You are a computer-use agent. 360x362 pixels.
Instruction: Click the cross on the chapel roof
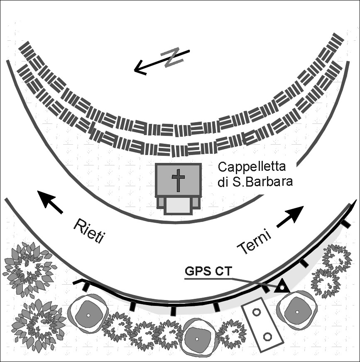coord(178,180)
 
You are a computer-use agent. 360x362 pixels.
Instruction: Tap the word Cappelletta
coord(252,167)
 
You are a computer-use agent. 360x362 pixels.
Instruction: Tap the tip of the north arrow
coord(135,71)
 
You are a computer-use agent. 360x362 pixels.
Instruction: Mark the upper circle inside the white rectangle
coord(256,312)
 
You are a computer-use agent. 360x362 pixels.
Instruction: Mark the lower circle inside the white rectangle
coord(267,336)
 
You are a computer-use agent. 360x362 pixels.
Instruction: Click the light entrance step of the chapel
coord(178,206)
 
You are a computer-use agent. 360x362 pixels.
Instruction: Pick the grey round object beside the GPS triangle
coord(297,310)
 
